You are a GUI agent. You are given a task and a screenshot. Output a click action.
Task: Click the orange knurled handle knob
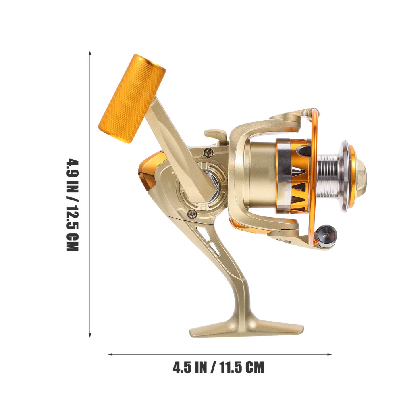click(x=132, y=98)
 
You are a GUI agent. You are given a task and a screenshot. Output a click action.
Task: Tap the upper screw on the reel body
click(x=209, y=152)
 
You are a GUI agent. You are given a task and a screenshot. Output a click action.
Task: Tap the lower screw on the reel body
click(x=192, y=214)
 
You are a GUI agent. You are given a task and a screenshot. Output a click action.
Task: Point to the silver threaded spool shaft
click(x=328, y=176)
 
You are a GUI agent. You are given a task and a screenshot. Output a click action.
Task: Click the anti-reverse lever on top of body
click(x=215, y=136)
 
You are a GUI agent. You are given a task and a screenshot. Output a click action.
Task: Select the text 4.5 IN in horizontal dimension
click(x=190, y=368)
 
